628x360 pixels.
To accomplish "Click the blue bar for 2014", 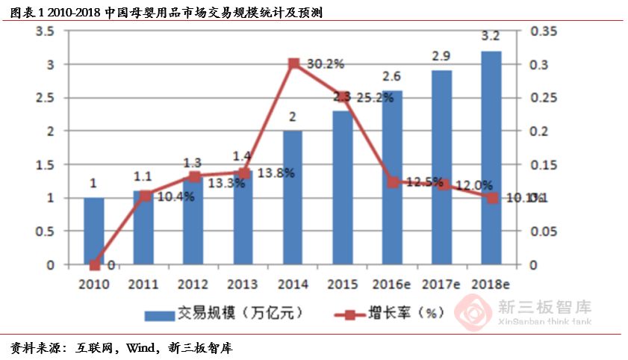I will (293, 198).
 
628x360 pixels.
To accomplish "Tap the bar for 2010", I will (94, 231).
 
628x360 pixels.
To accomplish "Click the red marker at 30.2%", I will (293, 63).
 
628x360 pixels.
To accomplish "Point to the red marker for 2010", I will (94, 264).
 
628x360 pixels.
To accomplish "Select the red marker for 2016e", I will (393, 181).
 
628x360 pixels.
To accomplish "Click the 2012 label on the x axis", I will (193, 284).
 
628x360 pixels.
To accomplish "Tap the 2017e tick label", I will (441, 284).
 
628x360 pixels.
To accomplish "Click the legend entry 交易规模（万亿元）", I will (224, 312).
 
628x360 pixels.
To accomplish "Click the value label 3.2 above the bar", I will (491, 36).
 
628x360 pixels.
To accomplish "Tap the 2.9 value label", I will (441, 56).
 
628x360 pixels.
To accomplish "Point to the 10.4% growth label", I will (176, 197).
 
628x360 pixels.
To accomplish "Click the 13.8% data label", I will (276, 173).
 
